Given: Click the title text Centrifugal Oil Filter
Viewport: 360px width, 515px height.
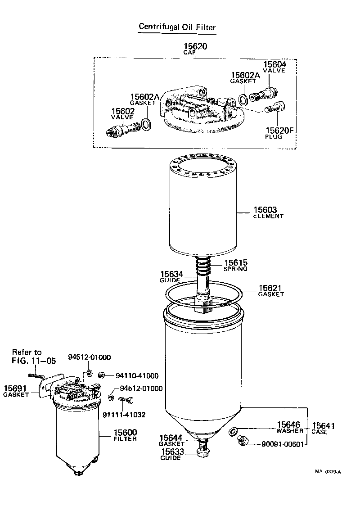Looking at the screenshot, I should [177, 27].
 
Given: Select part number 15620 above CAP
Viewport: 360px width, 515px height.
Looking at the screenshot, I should [195, 46].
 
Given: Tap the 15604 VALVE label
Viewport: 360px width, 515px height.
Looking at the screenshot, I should [274, 67].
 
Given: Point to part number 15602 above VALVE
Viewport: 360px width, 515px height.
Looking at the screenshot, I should [123, 111].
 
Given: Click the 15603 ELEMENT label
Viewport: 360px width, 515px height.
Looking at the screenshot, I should [268, 212].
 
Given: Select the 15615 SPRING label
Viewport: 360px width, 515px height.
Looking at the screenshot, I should [236, 265].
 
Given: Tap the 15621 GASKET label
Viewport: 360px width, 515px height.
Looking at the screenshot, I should [271, 291].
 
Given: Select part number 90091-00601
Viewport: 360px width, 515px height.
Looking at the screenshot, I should [284, 444].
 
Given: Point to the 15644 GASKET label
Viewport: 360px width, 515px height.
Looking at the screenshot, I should [171, 440].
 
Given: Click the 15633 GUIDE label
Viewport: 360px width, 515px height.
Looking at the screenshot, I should [171, 454].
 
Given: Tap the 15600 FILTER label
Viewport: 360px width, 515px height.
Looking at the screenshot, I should [125, 435].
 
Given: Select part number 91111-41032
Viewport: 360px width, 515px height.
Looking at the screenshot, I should [124, 414].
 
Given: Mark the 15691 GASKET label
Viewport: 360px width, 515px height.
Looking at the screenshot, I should [16, 391].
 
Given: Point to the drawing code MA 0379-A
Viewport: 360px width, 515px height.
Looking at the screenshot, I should [328, 471].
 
